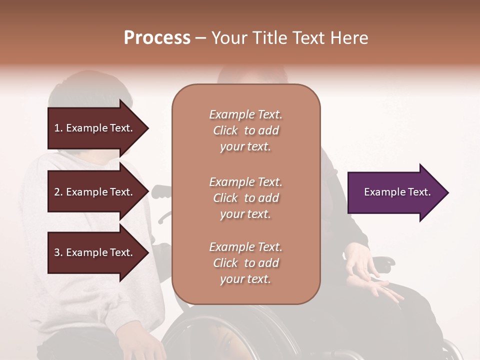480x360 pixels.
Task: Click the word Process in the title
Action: [157, 38]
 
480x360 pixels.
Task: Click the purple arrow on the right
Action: [395, 192]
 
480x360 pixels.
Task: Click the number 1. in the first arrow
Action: [58, 128]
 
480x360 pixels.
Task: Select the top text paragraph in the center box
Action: [245, 130]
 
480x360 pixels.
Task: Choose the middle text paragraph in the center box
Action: [245, 198]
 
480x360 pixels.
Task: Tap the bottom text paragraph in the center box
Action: [245, 263]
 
